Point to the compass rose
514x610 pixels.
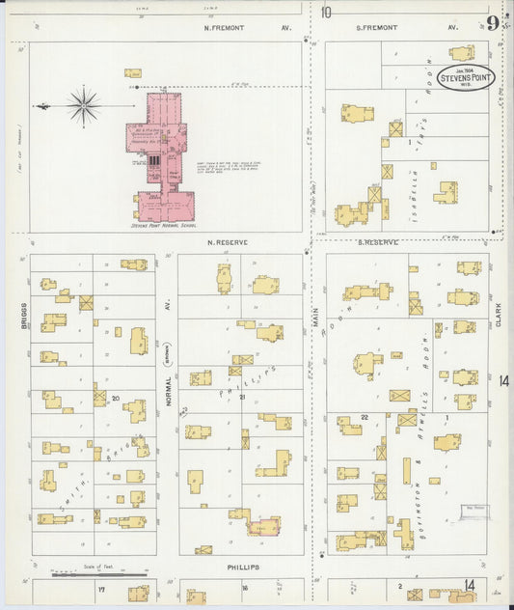[x=84, y=104]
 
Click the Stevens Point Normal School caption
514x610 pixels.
[x=164, y=227]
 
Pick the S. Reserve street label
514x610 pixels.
[x=377, y=242]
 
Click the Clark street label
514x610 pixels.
[x=499, y=315]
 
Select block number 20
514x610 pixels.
[x=115, y=398]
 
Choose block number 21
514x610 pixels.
[x=243, y=398]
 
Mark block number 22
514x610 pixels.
[x=365, y=416]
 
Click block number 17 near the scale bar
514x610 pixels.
[x=100, y=587]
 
